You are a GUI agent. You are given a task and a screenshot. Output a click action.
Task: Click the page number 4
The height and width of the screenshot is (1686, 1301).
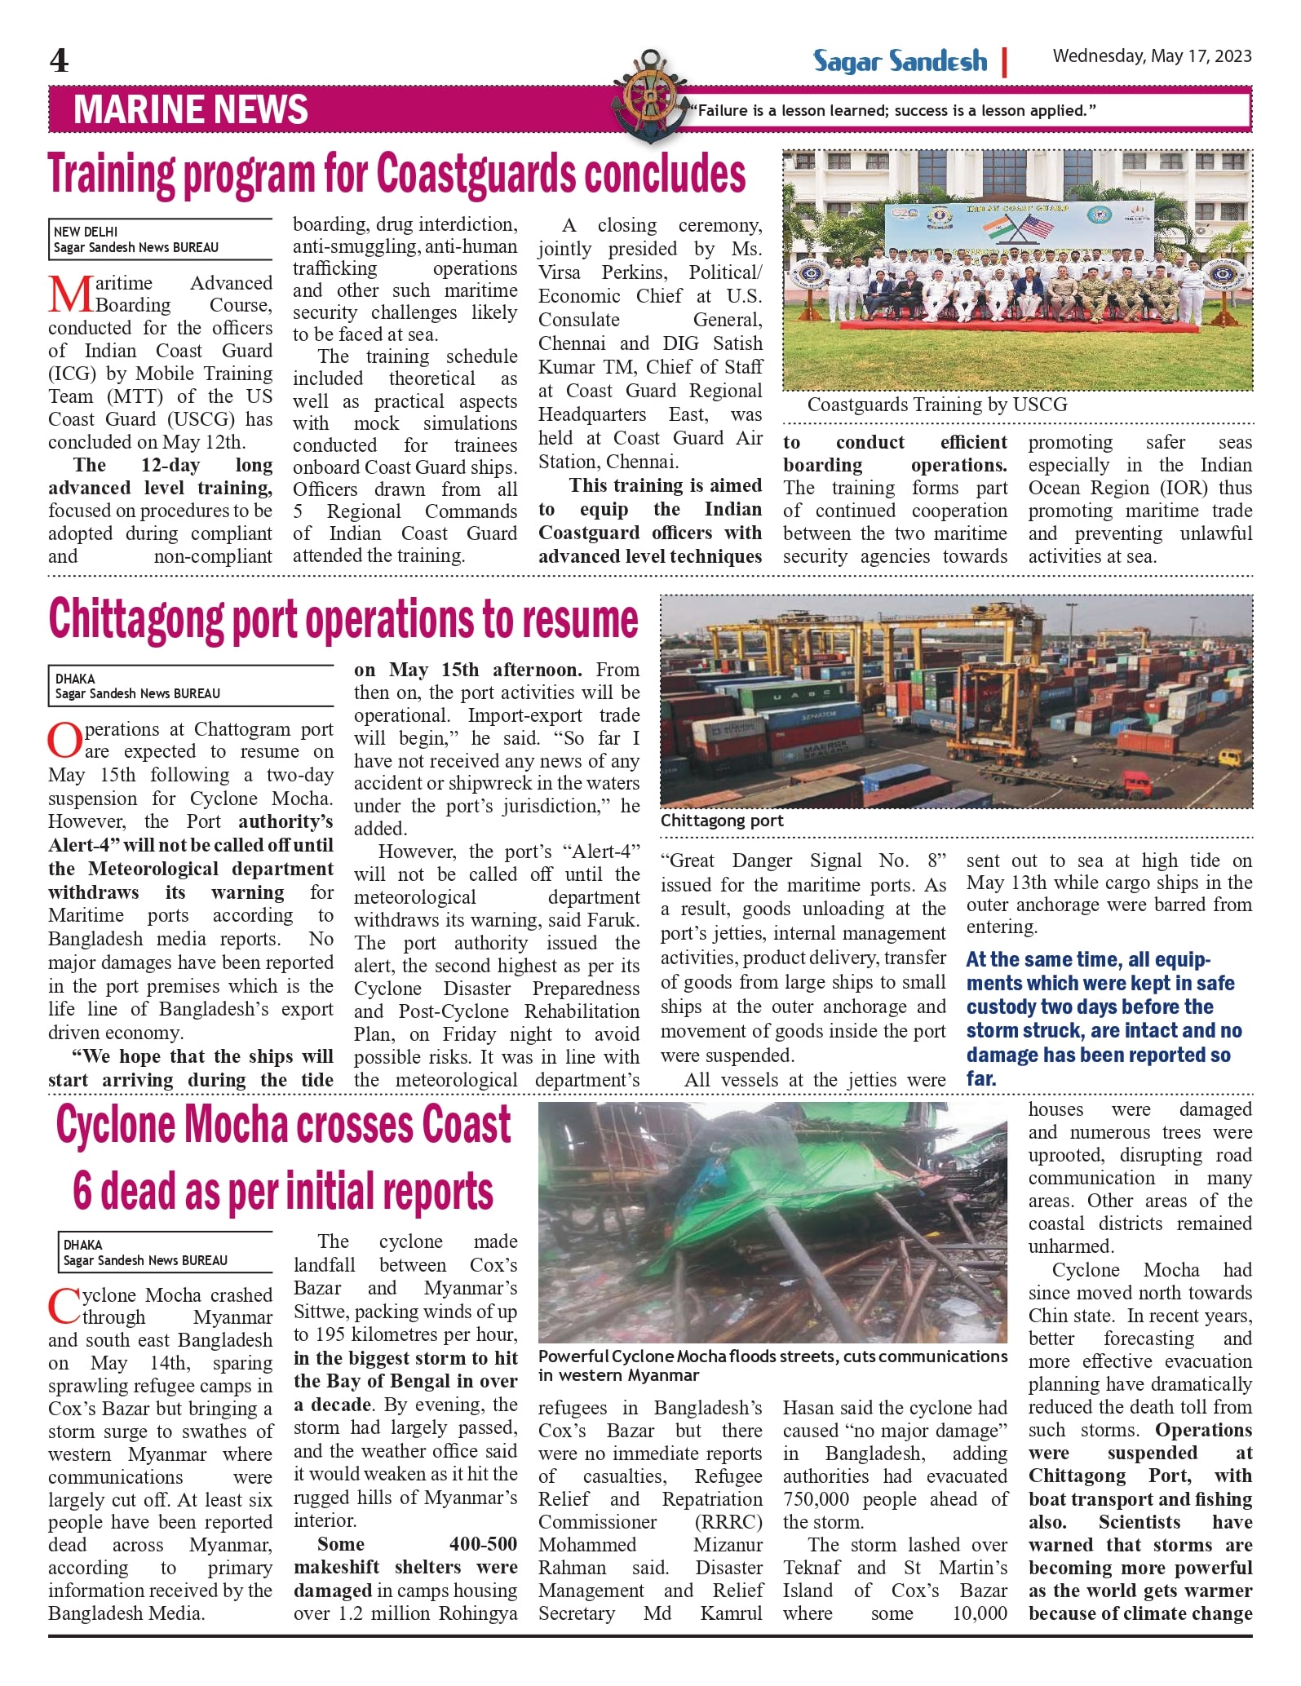point(59,60)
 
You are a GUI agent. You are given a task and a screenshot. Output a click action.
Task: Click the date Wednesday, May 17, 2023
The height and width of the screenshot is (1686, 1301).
point(1151,56)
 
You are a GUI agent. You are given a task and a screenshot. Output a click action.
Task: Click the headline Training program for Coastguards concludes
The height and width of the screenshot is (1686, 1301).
point(396,174)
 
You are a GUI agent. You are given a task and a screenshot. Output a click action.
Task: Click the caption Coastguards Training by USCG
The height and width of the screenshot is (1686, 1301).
point(936,405)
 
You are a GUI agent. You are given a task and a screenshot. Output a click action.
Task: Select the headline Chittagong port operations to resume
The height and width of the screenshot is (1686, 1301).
point(343,620)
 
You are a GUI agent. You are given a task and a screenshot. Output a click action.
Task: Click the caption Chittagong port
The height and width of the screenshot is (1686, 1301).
point(721,821)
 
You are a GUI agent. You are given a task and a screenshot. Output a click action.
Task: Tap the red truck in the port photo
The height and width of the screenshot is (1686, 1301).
point(1138,787)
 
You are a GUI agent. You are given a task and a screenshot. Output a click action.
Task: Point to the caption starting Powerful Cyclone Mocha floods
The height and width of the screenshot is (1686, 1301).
point(772,1365)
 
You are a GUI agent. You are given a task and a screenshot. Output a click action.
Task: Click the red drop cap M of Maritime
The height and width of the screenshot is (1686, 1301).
point(70,294)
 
